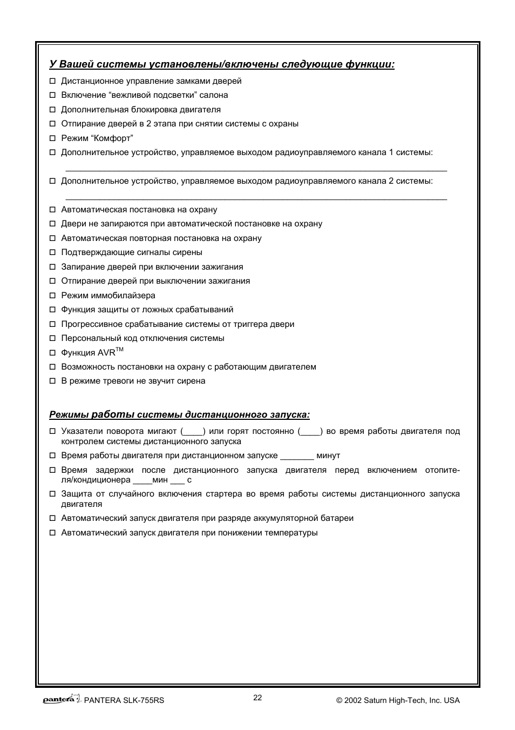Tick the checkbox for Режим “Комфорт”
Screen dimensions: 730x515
(x=53, y=138)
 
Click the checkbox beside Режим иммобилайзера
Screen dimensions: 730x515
(x=53, y=296)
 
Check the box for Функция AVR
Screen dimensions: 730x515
(x=53, y=353)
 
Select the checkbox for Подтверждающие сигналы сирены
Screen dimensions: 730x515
(x=53, y=252)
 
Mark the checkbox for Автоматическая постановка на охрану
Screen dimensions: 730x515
(x=53, y=210)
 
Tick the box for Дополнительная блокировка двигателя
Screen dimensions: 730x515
(x=53, y=110)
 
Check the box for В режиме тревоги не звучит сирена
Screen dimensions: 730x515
(x=53, y=381)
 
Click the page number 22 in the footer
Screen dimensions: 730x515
(x=257, y=698)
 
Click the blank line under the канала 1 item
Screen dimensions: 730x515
(x=256, y=170)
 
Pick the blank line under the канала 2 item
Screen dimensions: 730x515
(x=256, y=198)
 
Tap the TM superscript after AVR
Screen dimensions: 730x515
(x=120, y=350)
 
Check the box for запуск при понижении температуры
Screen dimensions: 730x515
(x=53, y=533)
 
